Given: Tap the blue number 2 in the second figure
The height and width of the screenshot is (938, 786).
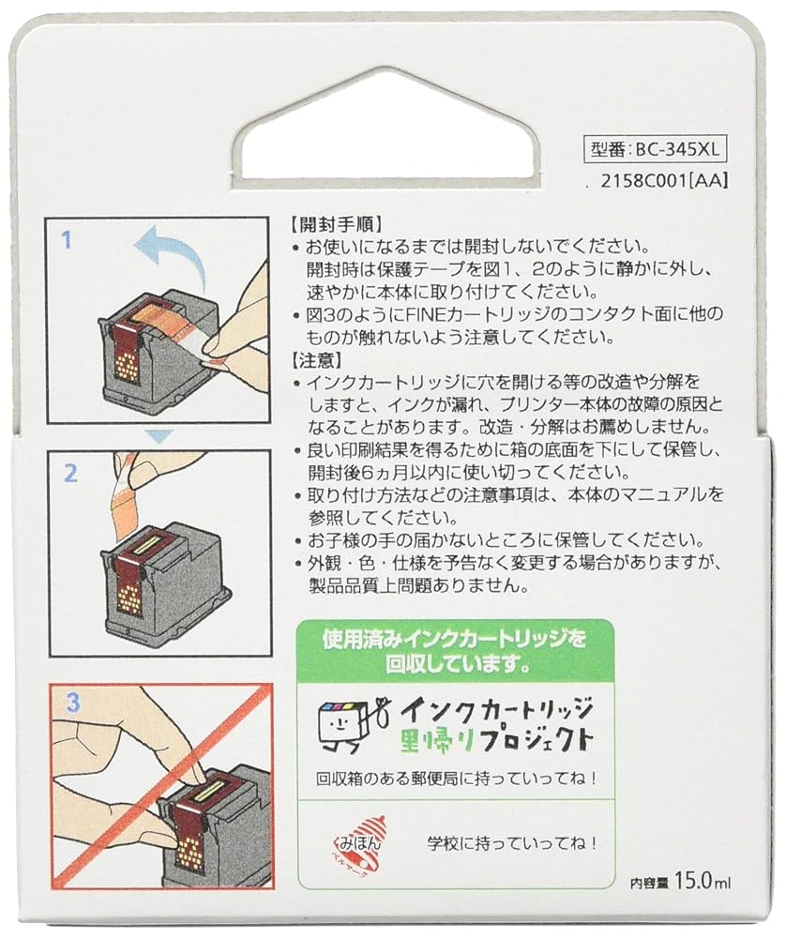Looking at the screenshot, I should (69, 473).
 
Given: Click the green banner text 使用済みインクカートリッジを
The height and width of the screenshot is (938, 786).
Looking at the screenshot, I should (455, 640).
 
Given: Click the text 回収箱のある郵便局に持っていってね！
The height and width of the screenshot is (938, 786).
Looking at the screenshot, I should (456, 778).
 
